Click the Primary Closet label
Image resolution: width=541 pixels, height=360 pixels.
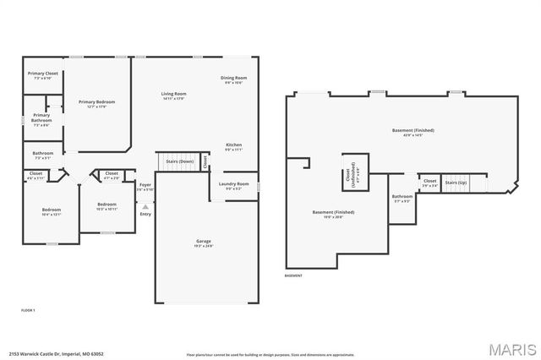click(42, 75)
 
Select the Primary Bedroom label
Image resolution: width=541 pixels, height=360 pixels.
click(96, 103)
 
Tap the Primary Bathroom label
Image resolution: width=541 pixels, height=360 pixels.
click(41, 118)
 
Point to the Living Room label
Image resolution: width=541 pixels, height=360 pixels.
click(173, 95)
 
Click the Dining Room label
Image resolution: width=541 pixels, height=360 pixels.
click(233, 79)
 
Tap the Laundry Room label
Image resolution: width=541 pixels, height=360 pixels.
click(233, 185)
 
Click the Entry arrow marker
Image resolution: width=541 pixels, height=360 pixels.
click(145, 206)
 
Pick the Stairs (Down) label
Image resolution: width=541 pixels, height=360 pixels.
click(179, 161)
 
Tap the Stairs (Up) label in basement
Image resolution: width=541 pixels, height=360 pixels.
click(456, 182)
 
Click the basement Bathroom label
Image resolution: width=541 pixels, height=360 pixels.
click(402, 199)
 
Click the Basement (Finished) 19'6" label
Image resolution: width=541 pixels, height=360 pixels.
click(333, 214)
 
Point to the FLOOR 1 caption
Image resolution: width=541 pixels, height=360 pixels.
click(29, 311)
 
